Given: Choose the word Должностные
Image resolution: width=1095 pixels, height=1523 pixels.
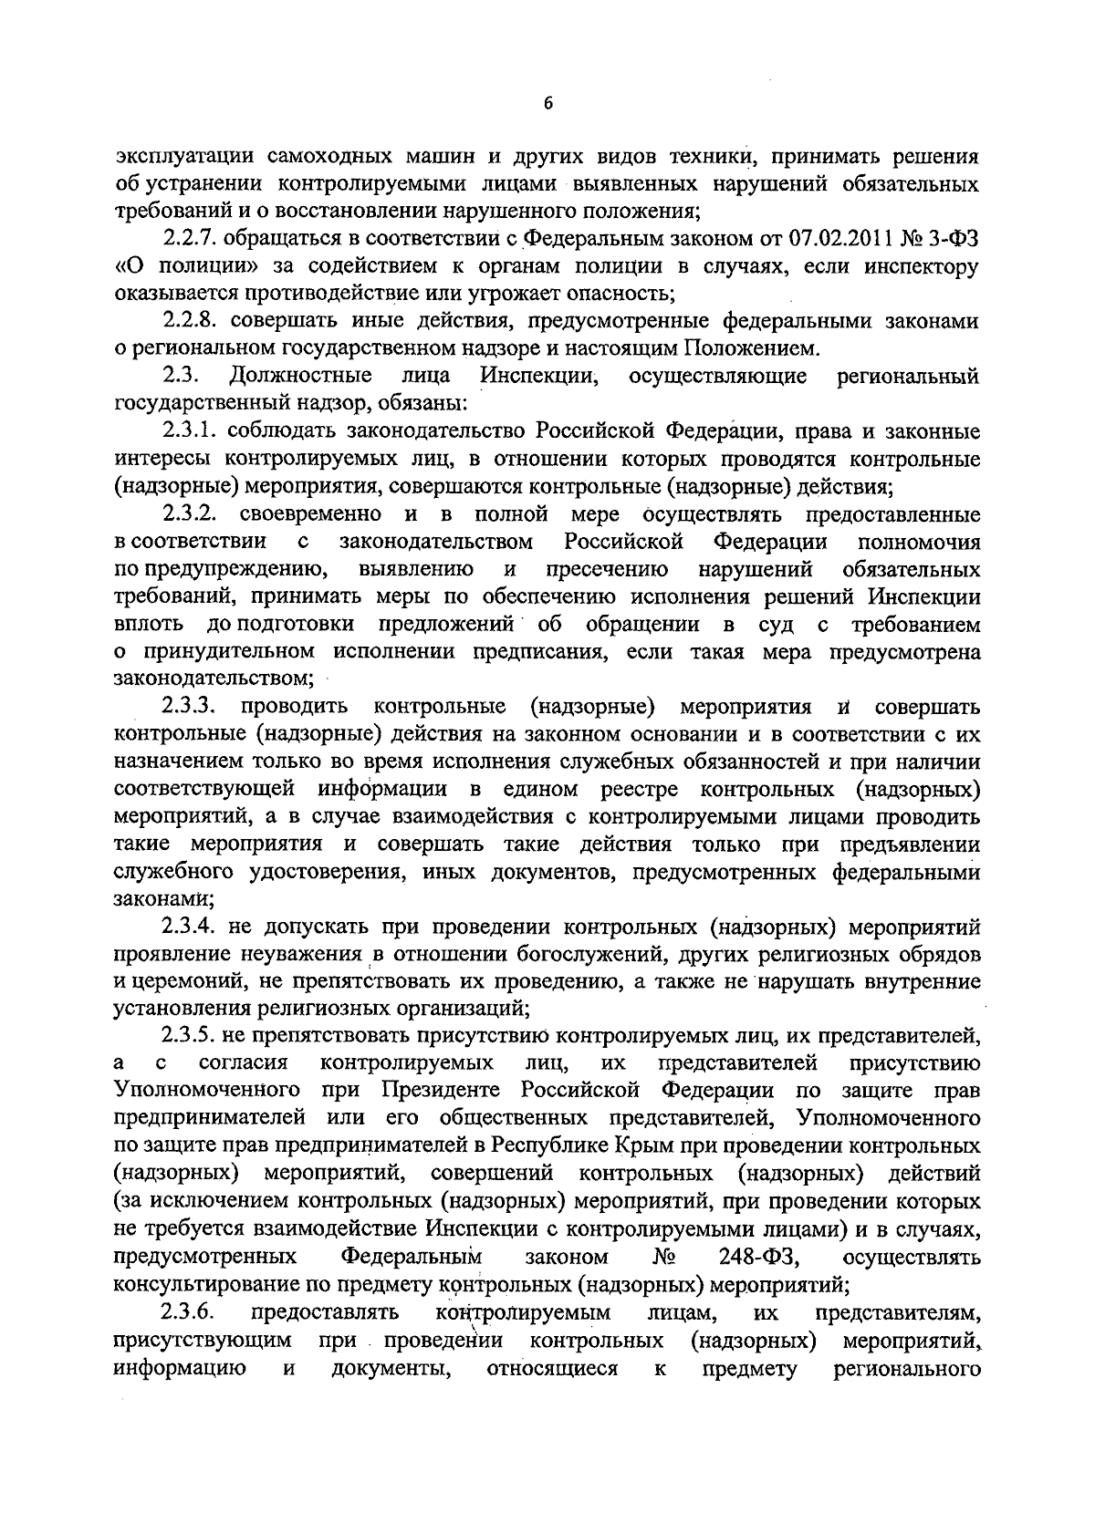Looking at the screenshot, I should pos(301,376).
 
